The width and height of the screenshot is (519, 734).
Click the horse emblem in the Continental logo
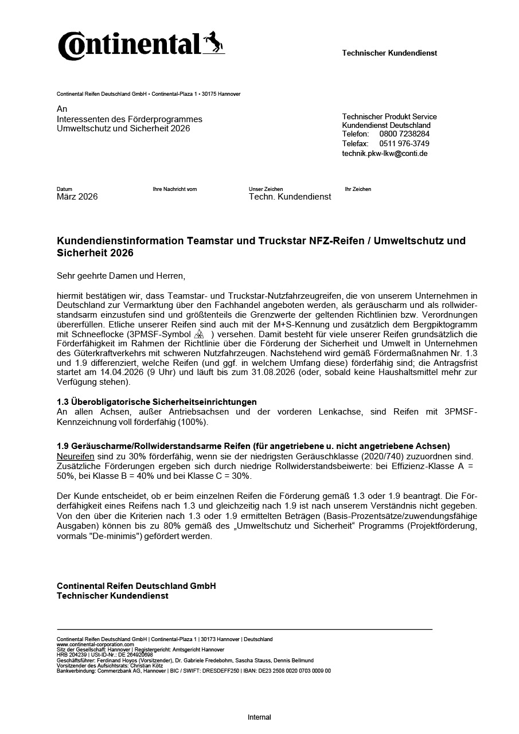point(213,42)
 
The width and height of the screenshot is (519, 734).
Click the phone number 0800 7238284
point(404,134)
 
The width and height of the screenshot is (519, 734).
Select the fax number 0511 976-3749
point(404,143)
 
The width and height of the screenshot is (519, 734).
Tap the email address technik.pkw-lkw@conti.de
point(385,153)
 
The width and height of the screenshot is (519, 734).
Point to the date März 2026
point(77,197)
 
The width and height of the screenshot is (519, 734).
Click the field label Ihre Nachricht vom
point(175,189)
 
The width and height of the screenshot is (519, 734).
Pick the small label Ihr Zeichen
point(358,189)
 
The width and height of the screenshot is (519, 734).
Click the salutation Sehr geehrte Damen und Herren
point(121,276)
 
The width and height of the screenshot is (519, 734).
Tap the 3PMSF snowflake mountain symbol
point(200,334)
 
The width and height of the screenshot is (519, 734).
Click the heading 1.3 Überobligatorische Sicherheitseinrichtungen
point(157,401)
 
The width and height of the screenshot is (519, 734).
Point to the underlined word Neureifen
point(75,456)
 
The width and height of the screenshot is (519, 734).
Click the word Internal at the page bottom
point(259,717)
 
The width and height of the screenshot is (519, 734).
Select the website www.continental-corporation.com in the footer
point(95,645)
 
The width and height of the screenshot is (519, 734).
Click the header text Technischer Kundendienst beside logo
point(389,53)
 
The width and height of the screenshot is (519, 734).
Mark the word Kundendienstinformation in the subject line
point(120,241)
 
